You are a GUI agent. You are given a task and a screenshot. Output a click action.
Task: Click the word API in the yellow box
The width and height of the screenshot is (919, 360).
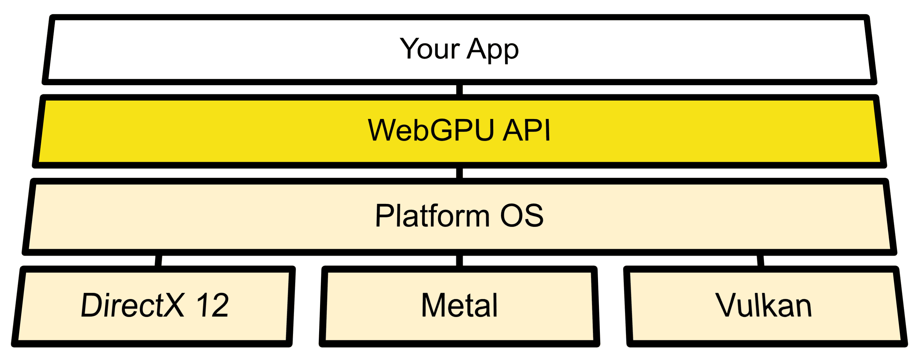[526, 130]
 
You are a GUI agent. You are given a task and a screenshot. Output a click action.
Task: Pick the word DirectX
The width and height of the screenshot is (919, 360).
[132, 305]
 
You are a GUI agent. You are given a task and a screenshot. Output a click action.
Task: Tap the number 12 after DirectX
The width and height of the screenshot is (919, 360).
[212, 305]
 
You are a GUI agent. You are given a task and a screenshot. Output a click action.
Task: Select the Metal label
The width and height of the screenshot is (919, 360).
[459, 305]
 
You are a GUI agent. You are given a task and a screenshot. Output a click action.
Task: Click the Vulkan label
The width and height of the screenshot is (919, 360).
[764, 305]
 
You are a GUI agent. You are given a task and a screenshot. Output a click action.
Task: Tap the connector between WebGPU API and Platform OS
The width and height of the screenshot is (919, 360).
[459, 173]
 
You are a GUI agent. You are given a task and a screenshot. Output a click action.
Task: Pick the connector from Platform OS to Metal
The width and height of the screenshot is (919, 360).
[459, 260]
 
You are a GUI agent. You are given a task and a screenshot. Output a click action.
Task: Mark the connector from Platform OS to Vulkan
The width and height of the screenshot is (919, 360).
[760, 260]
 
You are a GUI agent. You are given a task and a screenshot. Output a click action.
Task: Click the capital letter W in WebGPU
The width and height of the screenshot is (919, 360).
[384, 130]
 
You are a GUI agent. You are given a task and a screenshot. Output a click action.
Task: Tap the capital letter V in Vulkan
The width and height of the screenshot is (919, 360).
[728, 305]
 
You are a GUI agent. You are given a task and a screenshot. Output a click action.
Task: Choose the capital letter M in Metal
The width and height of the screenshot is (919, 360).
[433, 305]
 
